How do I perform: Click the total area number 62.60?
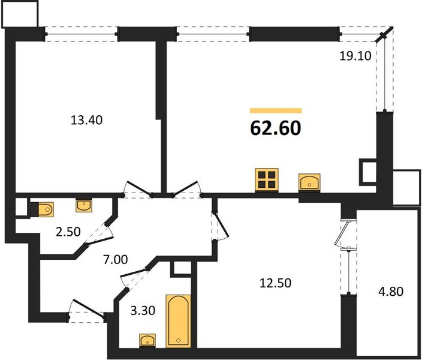click(x=276, y=128)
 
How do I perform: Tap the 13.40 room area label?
click(x=87, y=120)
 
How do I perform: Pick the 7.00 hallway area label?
click(x=116, y=260)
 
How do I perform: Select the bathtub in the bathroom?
click(x=177, y=320)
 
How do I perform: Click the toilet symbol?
click(x=42, y=208)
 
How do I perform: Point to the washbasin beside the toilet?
click(x=84, y=206)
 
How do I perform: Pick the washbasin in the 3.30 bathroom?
click(x=147, y=340)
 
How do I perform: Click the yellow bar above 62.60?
click(x=276, y=110)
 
